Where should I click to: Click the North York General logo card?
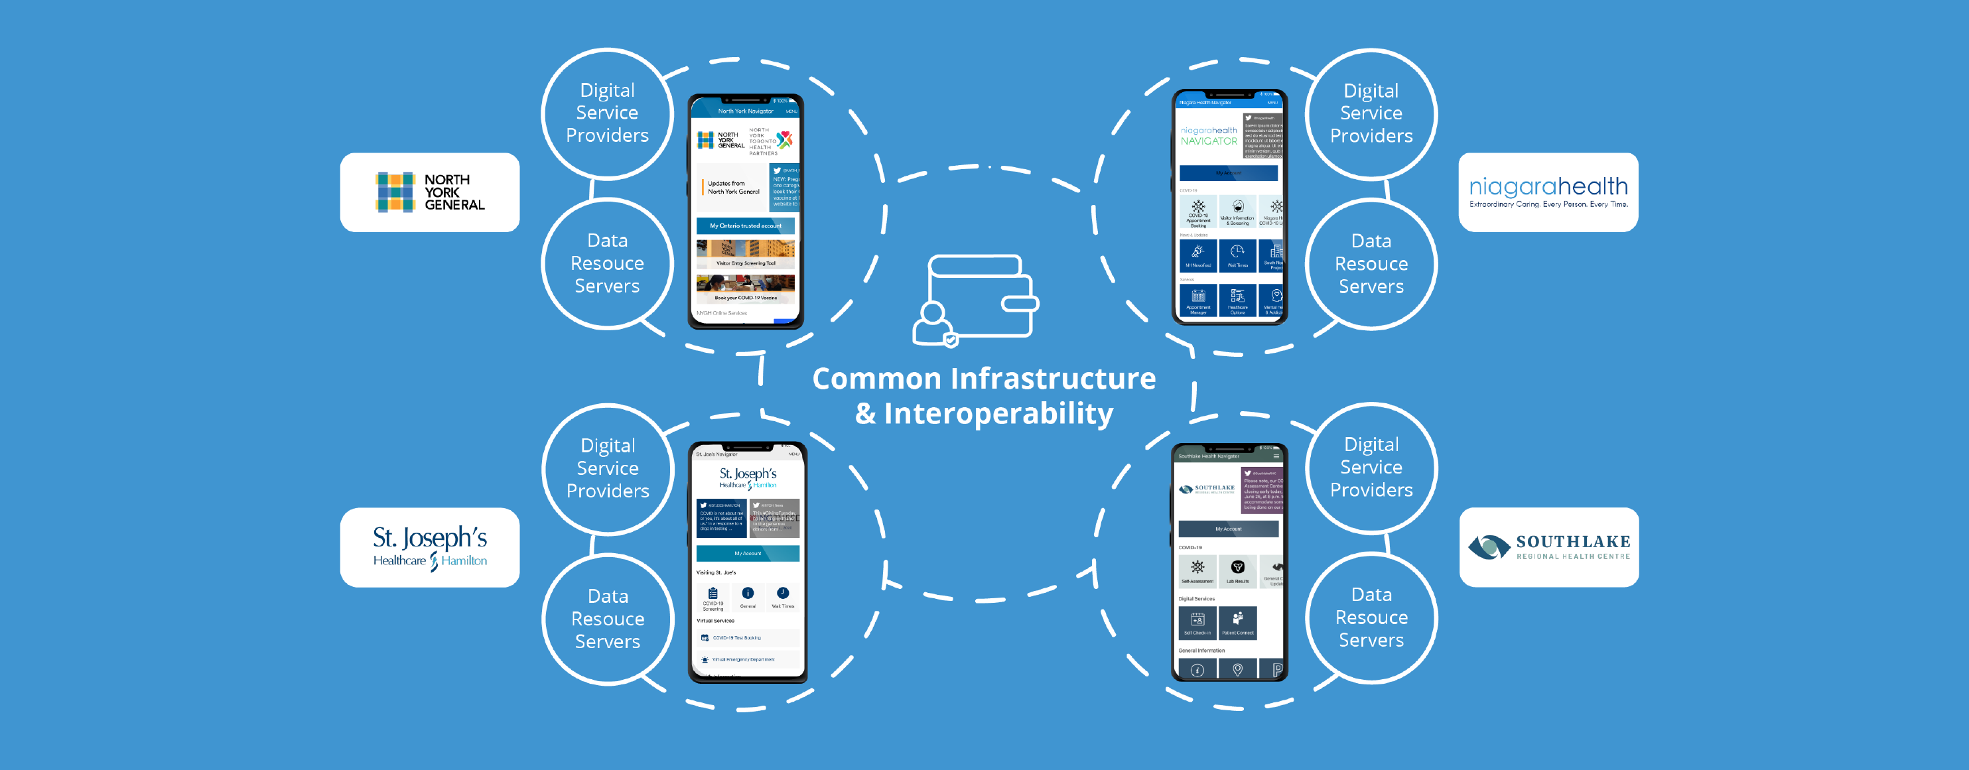click(430, 192)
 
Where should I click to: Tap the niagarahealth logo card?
click(1548, 192)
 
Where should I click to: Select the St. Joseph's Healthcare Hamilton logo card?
click(430, 548)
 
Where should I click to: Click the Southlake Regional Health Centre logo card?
click(1548, 548)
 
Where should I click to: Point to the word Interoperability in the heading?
click(998, 414)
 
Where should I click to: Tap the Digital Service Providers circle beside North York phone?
click(607, 113)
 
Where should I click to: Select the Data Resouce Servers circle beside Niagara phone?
click(1371, 263)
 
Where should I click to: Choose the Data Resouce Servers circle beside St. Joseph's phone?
click(608, 619)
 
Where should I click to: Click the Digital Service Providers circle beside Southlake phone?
click(1371, 468)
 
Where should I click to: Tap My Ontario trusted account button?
click(745, 226)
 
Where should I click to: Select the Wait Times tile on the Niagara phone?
click(1237, 255)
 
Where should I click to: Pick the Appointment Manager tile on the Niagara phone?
click(1199, 301)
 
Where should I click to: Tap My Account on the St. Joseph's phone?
click(748, 553)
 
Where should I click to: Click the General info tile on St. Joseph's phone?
click(748, 597)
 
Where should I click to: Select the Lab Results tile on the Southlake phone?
click(1237, 570)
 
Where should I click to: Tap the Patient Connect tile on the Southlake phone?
click(1237, 623)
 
